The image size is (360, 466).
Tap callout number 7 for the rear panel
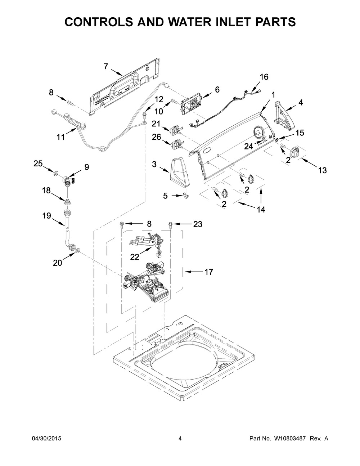[x=106, y=67]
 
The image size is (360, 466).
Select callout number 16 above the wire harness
[x=264, y=77]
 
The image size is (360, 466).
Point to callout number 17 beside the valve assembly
[x=209, y=272]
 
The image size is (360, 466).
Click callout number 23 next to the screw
[x=198, y=224]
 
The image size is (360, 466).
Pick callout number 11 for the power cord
[x=60, y=137]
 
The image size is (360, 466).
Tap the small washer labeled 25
[x=57, y=173]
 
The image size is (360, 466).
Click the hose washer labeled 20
[x=78, y=251]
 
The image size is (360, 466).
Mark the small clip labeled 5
[x=185, y=195]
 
